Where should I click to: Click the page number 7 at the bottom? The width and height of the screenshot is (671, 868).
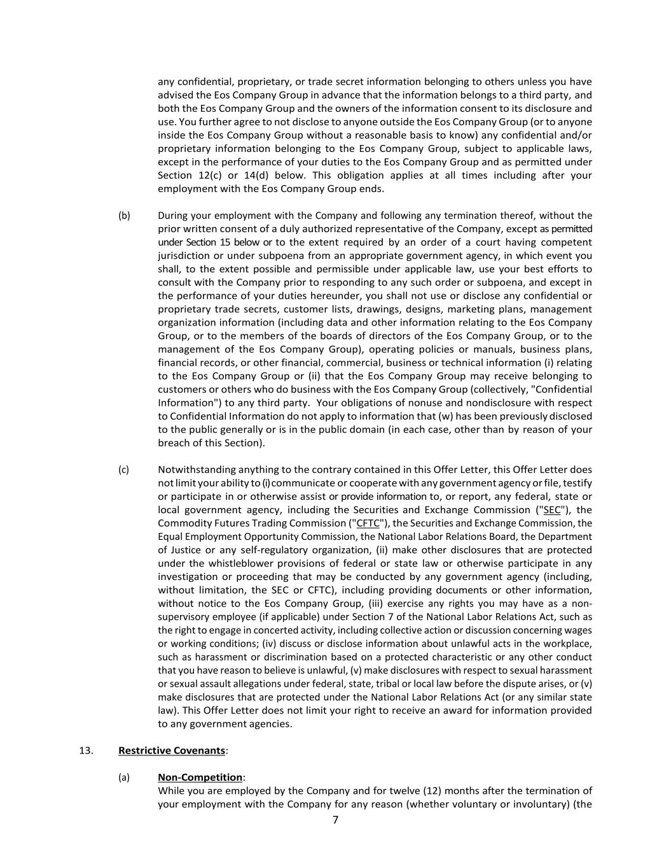point(335,820)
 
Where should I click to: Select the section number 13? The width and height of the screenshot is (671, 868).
point(86,750)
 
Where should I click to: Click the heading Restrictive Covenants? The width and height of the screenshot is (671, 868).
point(172,750)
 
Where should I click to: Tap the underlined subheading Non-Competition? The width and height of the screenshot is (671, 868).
point(200,777)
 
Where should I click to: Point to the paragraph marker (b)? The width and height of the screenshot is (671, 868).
point(124,215)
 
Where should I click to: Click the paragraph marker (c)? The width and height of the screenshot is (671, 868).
point(123,469)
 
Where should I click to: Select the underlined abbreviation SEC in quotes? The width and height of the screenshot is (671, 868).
point(552,509)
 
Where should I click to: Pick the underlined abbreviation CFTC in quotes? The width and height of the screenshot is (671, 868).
point(368,523)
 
